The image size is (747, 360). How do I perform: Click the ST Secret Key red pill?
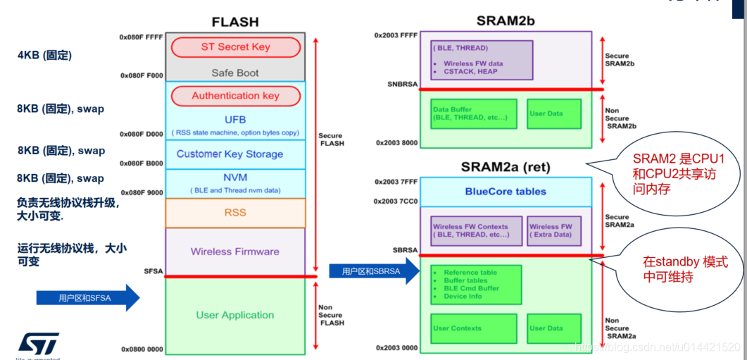(x=236, y=47)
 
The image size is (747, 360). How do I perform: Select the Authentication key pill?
(x=236, y=96)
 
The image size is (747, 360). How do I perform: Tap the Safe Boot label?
(x=235, y=73)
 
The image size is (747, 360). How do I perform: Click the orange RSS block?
(x=235, y=212)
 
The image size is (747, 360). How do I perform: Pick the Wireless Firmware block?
(x=235, y=252)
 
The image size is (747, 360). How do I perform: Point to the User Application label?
(x=235, y=315)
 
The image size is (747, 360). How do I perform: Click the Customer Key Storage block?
(x=230, y=154)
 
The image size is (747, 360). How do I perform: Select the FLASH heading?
(x=235, y=21)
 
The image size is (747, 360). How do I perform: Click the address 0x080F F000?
(x=142, y=75)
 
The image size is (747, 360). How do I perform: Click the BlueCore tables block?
(x=506, y=192)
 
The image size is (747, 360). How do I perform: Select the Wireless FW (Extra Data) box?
(x=551, y=230)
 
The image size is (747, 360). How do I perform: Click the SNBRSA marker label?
(x=403, y=85)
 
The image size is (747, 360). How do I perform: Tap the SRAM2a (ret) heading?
(x=506, y=168)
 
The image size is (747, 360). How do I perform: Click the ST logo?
(x=39, y=343)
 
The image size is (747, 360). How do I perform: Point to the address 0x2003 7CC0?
(x=396, y=201)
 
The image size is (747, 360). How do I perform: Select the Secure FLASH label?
(x=331, y=140)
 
